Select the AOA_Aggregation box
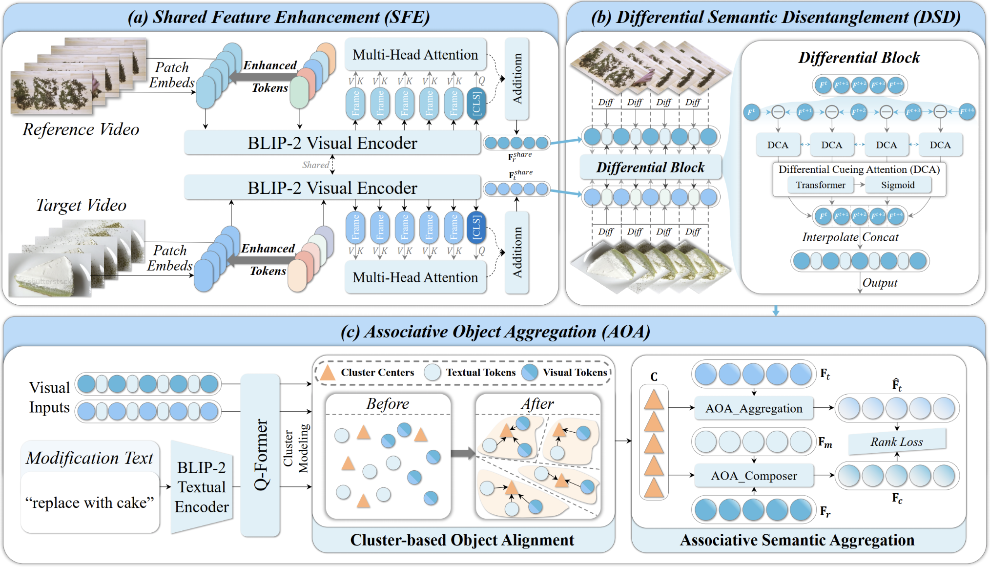point(754,409)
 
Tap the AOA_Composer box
point(754,476)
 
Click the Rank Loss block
point(897,442)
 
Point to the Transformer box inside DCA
point(820,185)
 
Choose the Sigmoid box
point(898,185)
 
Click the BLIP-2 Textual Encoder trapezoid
point(202,487)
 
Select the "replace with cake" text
point(90,503)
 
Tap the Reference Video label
point(81,129)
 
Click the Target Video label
point(81,205)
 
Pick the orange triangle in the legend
point(328,373)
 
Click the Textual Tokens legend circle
point(433,373)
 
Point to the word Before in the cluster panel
point(388,404)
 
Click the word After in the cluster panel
point(537,404)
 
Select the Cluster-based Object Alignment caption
point(462,540)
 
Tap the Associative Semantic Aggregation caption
point(797,540)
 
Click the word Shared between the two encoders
point(315,165)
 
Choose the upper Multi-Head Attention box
point(415,55)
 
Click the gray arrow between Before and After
point(462,453)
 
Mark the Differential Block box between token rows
point(650,168)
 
